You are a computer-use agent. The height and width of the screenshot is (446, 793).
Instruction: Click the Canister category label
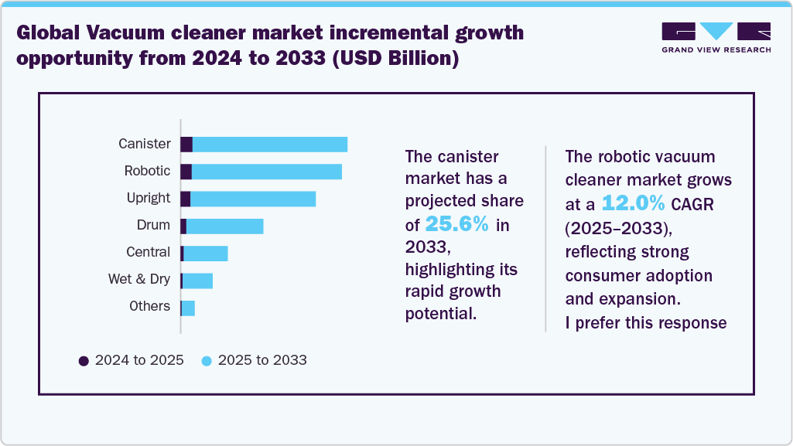coord(144,144)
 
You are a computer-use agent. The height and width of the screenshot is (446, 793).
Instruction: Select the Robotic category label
coord(147,171)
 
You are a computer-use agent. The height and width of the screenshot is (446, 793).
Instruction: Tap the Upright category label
coord(148,198)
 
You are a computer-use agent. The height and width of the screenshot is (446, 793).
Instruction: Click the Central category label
coord(148,252)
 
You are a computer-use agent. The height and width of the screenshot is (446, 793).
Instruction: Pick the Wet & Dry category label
coord(138,279)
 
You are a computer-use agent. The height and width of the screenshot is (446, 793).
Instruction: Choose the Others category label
coord(149,306)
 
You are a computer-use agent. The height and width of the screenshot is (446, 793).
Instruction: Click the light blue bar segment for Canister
coord(269,145)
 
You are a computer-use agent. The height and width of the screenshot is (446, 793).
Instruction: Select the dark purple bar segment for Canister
coord(186,145)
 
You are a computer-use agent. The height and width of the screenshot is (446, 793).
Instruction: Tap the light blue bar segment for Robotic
coord(266,172)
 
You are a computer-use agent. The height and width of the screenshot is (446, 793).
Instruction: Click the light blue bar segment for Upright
coord(253,199)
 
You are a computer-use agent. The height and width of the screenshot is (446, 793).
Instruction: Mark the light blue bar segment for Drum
coord(224,226)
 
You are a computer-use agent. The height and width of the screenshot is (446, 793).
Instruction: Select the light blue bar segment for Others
coord(188,308)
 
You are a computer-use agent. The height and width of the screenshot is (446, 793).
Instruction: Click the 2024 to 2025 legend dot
coord(84,360)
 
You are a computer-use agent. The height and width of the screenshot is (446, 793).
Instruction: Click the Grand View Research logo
coord(716,38)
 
